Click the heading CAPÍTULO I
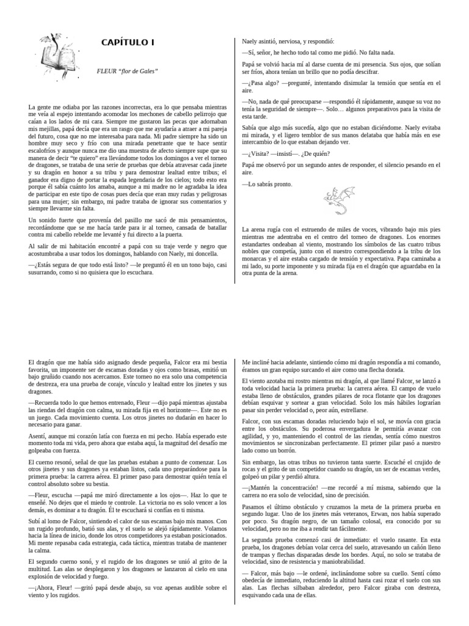tap(128, 43)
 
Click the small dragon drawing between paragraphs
tap(336, 201)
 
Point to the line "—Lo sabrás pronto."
tap(267, 184)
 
